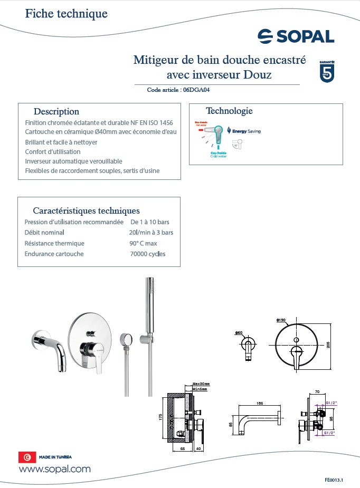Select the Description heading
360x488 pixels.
click(x=56, y=112)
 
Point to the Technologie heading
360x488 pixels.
click(x=229, y=111)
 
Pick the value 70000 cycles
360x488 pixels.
click(x=147, y=254)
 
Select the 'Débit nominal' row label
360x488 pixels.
click(x=44, y=232)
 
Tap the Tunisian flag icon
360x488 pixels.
click(x=26, y=457)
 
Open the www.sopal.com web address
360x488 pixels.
click(x=55, y=469)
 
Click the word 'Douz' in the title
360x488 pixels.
click(x=258, y=75)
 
